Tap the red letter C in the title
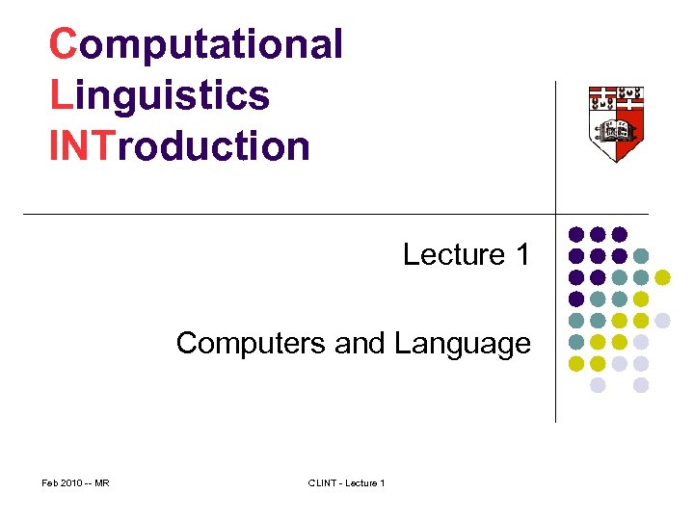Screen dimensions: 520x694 pos(63,44)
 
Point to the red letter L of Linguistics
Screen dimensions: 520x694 pos(59,95)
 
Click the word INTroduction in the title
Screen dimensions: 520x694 pos(179,147)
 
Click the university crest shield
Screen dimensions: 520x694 pos(617,121)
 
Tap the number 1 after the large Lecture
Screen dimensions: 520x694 pos(522,255)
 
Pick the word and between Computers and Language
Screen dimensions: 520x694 pos(358,343)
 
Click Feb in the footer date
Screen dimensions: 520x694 pos(51,482)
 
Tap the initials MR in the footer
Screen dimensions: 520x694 pos(101,482)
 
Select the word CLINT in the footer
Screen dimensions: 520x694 pos(322,482)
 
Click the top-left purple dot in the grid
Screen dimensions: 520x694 pos(576,234)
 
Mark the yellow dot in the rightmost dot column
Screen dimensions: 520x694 pos(662,277)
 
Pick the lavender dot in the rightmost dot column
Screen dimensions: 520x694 pos(662,321)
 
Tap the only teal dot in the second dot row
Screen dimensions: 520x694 pos(641,256)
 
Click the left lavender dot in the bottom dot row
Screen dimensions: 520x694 pos(598,385)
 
